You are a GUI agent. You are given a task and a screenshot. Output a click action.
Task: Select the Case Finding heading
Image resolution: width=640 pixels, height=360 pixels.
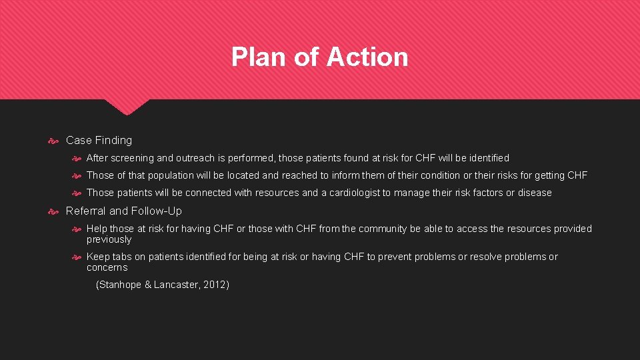[x=99, y=140]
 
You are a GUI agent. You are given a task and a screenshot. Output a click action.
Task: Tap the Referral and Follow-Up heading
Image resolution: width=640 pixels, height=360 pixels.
[x=123, y=211]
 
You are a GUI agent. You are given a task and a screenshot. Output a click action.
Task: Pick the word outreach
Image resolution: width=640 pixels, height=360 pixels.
[x=195, y=158]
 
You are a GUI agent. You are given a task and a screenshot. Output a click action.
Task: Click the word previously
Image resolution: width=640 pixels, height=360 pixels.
[x=109, y=239]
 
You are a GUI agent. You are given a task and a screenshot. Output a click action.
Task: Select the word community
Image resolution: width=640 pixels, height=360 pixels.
[x=375, y=229]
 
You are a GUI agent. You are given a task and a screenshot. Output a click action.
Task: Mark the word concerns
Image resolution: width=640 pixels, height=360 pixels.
[x=107, y=267]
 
